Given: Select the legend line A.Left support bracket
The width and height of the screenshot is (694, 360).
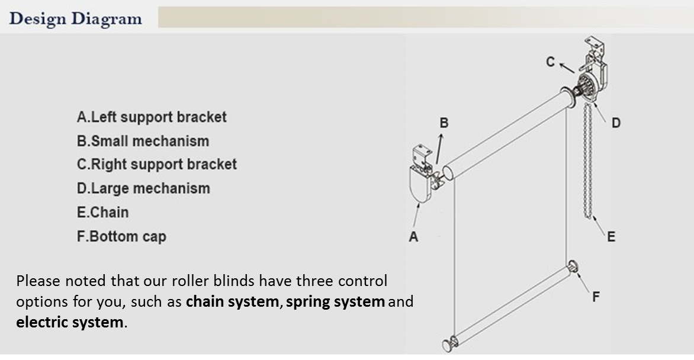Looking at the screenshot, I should (x=152, y=117).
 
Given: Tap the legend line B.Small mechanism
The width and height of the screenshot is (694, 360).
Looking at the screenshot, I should (x=143, y=141).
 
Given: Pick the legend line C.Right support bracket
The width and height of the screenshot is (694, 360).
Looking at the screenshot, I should (x=157, y=165).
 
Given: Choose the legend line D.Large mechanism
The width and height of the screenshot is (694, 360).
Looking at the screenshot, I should (x=143, y=188).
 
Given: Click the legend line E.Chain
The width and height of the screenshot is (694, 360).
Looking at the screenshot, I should (x=102, y=212).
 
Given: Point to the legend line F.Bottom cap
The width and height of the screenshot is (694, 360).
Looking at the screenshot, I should (x=121, y=236).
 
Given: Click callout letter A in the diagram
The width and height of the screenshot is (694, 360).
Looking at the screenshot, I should (x=413, y=237).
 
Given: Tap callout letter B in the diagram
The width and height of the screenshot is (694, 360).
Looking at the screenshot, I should (x=444, y=123).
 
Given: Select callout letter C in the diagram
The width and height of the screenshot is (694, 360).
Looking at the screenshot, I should (x=551, y=61).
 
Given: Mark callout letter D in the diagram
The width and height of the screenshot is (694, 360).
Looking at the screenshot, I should (x=616, y=123).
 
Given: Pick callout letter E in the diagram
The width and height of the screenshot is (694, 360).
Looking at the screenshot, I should (x=611, y=237).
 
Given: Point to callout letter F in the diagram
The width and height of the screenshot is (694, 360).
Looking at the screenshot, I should (x=596, y=297).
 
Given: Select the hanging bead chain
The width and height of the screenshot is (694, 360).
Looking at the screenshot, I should (x=589, y=160).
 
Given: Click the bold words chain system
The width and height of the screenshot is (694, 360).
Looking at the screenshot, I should (x=232, y=302).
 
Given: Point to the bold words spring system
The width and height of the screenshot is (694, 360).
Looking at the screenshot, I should (x=335, y=302).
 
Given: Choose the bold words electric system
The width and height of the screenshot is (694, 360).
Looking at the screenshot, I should (x=70, y=323).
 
